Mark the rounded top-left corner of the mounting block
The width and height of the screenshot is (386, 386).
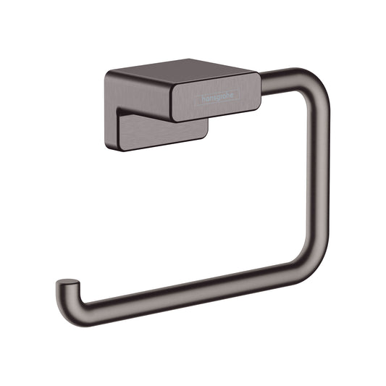tap(109, 74)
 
